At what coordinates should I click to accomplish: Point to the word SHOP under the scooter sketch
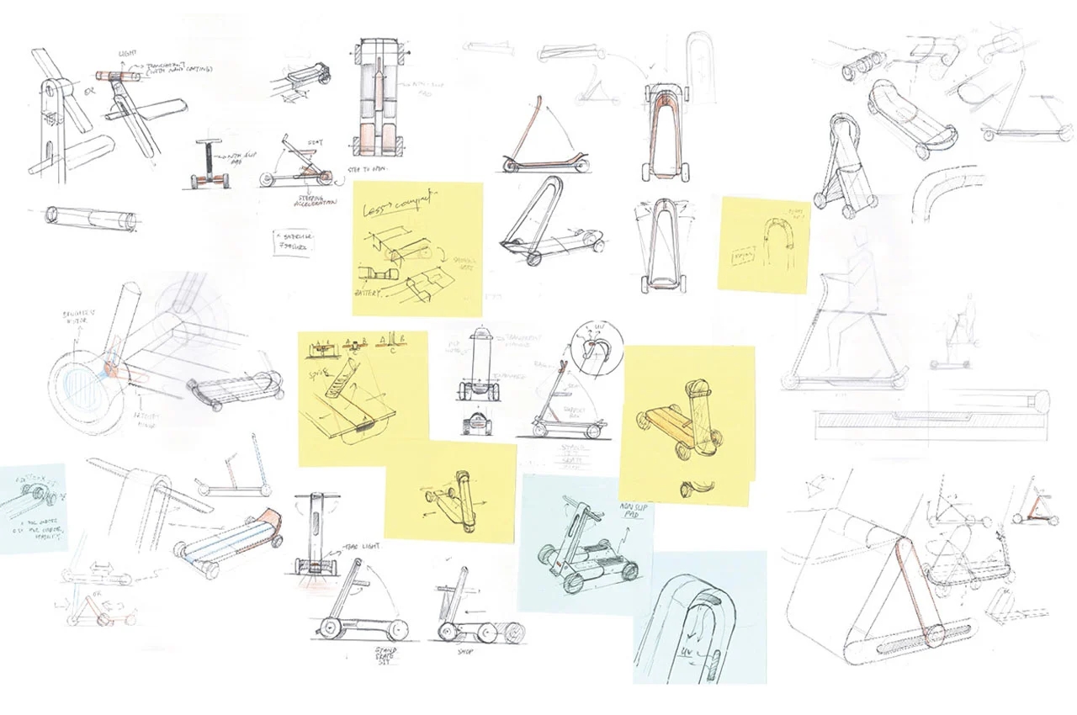[464, 650]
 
